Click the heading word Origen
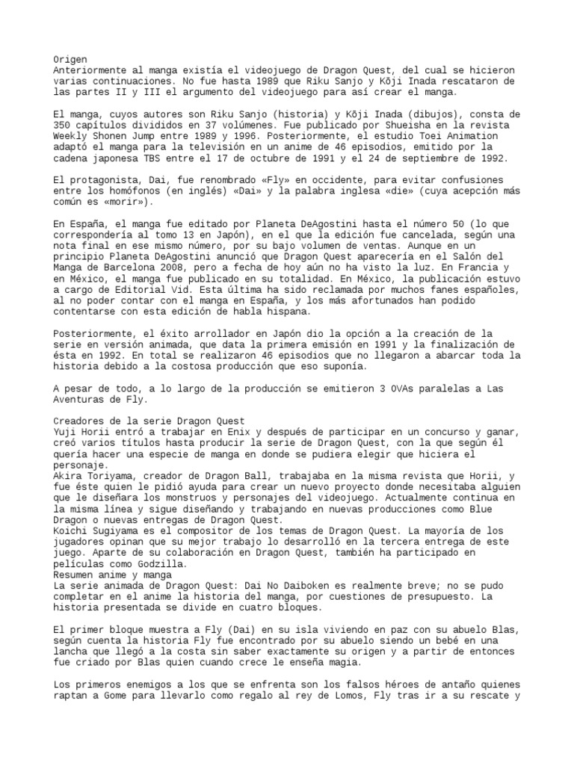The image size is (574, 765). [70, 59]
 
